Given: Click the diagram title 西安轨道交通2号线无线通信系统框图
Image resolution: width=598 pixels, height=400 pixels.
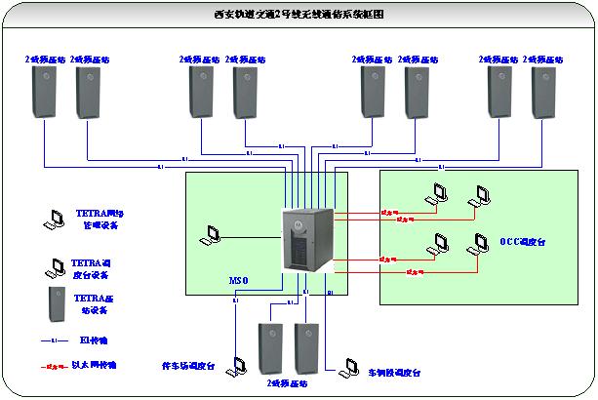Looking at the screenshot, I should (x=299, y=16).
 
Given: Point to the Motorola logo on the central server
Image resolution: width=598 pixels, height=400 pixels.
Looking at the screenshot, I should (x=314, y=221).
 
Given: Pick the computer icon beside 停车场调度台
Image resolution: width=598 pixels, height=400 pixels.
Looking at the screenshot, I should (x=236, y=366).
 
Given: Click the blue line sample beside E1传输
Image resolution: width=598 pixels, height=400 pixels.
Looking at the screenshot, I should (x=53, y=340).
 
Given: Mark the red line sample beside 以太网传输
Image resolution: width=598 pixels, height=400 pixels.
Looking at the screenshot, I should (x=53, y=364).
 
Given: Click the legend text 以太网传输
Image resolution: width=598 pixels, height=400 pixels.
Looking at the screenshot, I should (x=95, y=364).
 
